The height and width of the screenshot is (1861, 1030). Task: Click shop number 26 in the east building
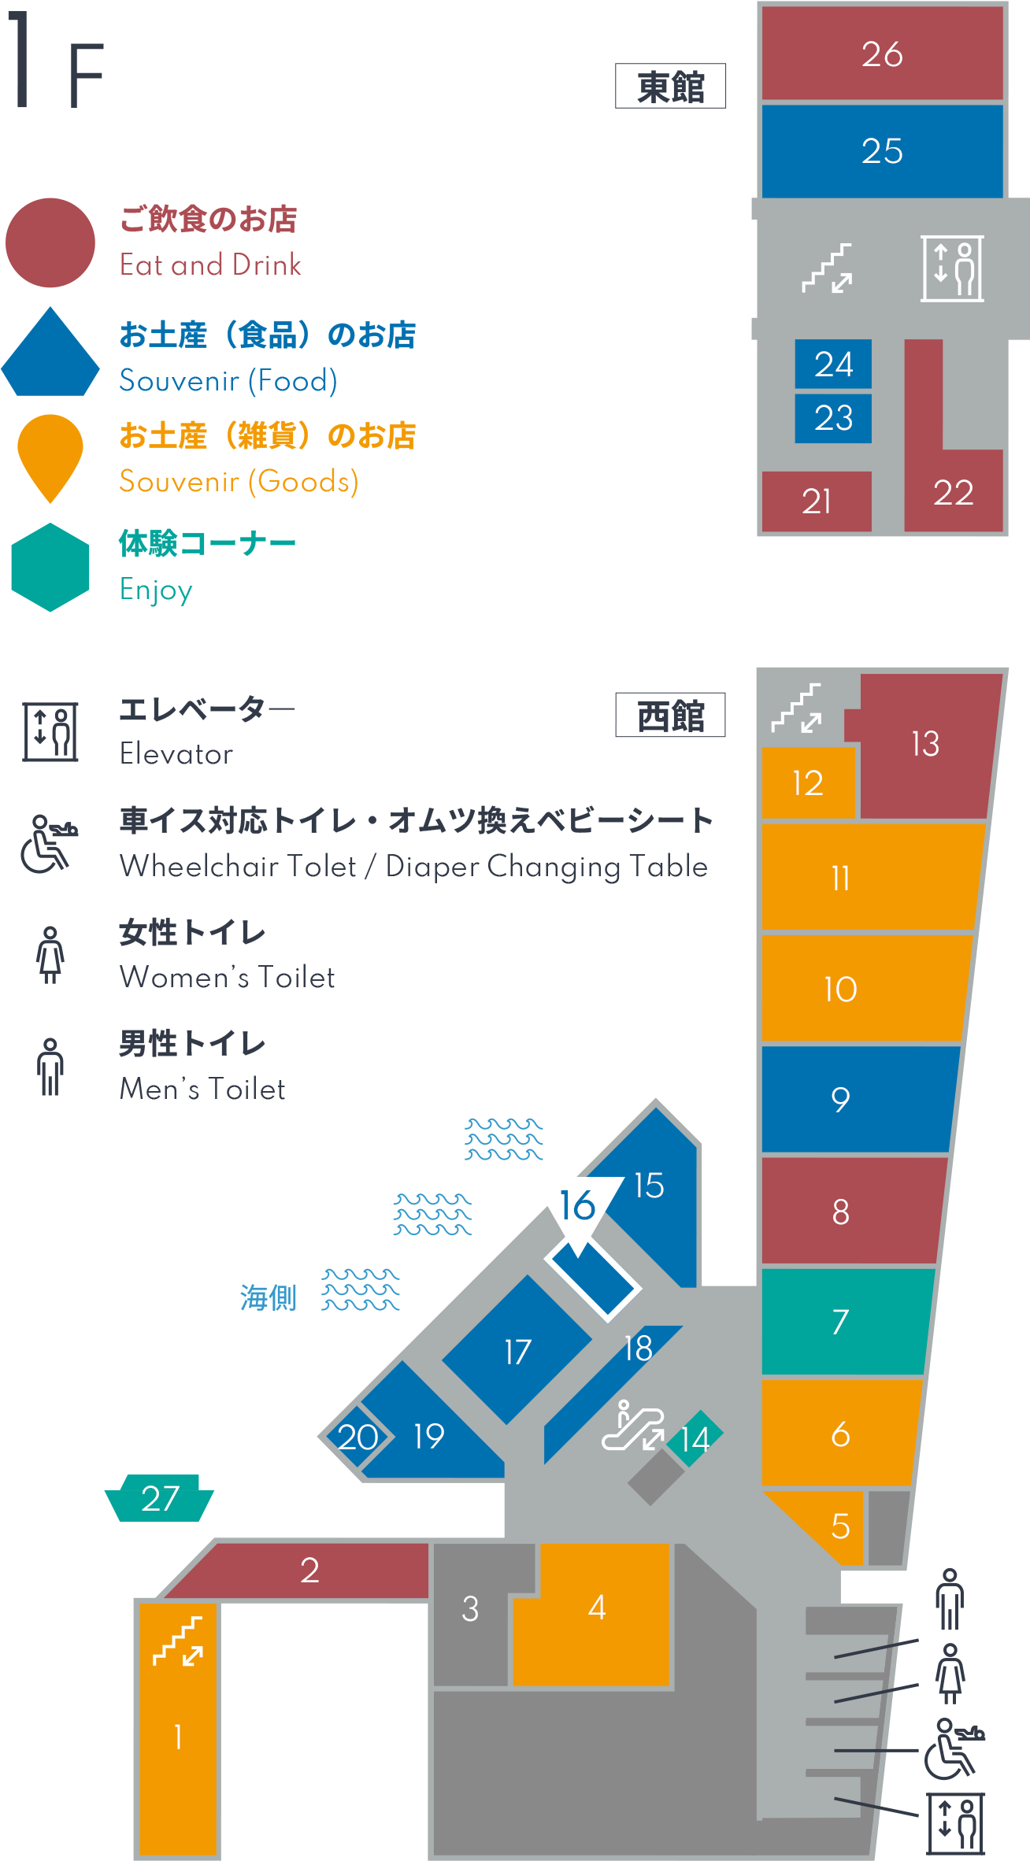[x=882, y=54]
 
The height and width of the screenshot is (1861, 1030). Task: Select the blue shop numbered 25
[x=882, y=150]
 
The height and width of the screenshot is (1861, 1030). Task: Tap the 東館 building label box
[x=670, y=86]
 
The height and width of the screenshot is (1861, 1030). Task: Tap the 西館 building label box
[x=670, y=715]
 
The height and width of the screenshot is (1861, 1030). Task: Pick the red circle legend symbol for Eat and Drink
[x=50, y=242]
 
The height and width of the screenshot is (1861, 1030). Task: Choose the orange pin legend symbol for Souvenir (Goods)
[x=50, y=457]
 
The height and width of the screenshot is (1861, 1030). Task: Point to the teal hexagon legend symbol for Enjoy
[x=50, y=567]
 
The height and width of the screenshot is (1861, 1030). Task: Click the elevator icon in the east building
[x=952, y=268]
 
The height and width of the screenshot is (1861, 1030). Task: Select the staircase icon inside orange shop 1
[x=178, y=1641]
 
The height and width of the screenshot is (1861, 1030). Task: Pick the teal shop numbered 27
[x=159, y=1498]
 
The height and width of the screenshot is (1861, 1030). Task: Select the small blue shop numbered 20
[x=356, y=1436]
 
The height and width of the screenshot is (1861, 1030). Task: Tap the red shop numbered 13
[x=925, y=744]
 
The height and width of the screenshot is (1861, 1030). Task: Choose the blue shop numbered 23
[x=833, y=418]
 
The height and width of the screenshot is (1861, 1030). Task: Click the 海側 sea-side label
[x=268, y=1297]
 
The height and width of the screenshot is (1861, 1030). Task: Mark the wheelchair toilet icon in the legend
[x=49, y=844]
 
